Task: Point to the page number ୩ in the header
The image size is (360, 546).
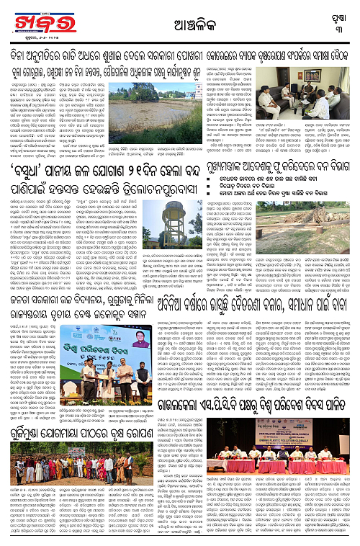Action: click(x=337, y=26)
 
